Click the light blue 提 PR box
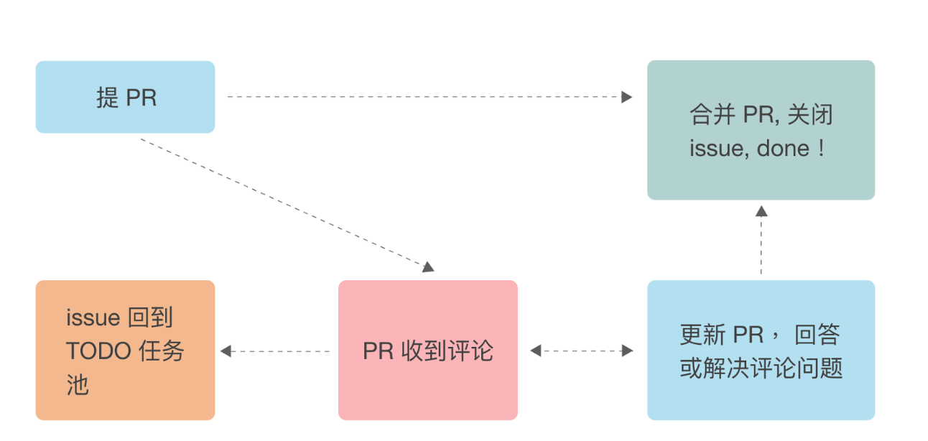[x=125, y=97]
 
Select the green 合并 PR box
[x=761, y=130]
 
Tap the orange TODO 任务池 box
[x=125, y=350]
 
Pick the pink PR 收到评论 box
[x=427, y=350]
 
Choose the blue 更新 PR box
[x=761, y=350]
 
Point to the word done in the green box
[x=784, y=149]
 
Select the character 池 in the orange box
[x=77, y=386]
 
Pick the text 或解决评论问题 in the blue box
[x=761, y=368]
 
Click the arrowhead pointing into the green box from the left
[x=627, y=97]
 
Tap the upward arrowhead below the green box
[x=761, y=211]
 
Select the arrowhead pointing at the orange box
[x=226, y=351]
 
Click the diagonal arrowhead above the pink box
[x=429, y=267]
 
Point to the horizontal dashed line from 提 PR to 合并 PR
[x=424, y=97]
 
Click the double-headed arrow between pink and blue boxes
[x=582, y=351]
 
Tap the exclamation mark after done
[x=822, y=149]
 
